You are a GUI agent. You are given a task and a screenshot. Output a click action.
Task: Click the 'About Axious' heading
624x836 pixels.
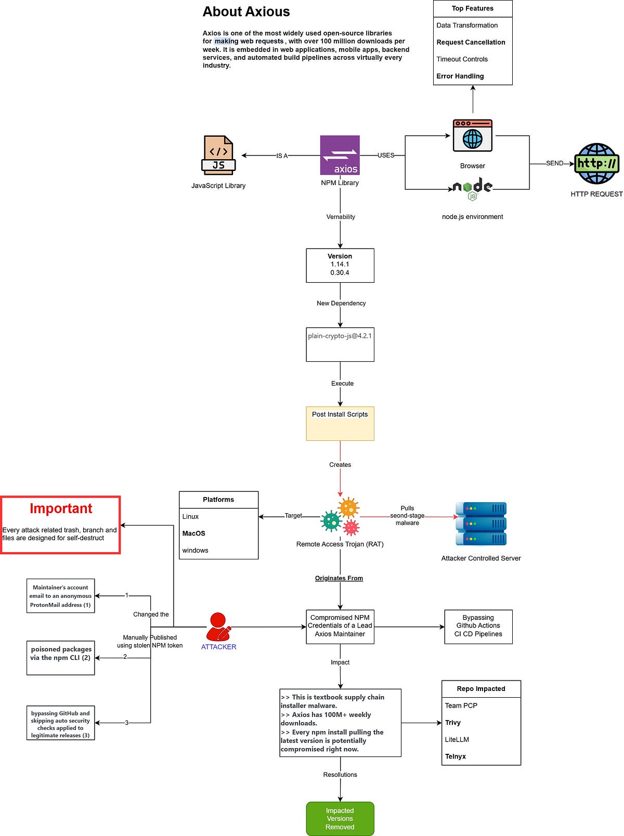point(246,12)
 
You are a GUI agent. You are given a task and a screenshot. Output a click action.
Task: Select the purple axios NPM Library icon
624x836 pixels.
point(340,155)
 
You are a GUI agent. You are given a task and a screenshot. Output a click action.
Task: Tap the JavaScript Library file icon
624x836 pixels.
point(218,155)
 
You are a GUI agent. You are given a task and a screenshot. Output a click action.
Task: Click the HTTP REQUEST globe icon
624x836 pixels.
point(596,164)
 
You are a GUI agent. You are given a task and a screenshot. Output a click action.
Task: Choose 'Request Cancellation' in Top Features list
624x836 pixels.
point(471,42)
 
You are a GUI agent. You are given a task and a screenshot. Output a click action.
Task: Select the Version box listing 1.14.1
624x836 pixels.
point(340,265)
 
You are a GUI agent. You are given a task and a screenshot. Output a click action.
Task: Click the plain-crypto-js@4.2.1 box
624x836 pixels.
point(340,344)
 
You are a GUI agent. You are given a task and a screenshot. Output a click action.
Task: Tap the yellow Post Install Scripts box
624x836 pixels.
point(340,423)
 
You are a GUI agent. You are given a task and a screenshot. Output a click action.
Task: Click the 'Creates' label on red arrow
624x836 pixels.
point(340,465)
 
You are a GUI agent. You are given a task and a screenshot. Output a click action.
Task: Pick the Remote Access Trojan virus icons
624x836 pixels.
point(341,517)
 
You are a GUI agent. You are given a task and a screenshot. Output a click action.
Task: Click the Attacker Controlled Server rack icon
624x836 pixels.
point(481,524)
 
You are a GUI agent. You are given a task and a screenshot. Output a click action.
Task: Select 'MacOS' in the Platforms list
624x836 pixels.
point(194,533)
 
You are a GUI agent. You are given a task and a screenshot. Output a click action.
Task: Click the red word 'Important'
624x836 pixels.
point(61,508)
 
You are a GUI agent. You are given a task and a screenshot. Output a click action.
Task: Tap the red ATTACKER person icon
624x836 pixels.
point(218,627)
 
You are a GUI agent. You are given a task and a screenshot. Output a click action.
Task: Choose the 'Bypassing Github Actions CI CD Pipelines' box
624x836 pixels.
point(478,626)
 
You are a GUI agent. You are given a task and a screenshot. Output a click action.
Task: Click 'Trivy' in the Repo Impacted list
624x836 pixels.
point(453,723)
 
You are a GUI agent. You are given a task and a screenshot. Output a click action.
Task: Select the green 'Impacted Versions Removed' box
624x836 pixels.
point(340,818)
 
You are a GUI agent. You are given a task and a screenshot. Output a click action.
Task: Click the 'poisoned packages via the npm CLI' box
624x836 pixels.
point(61,657)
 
